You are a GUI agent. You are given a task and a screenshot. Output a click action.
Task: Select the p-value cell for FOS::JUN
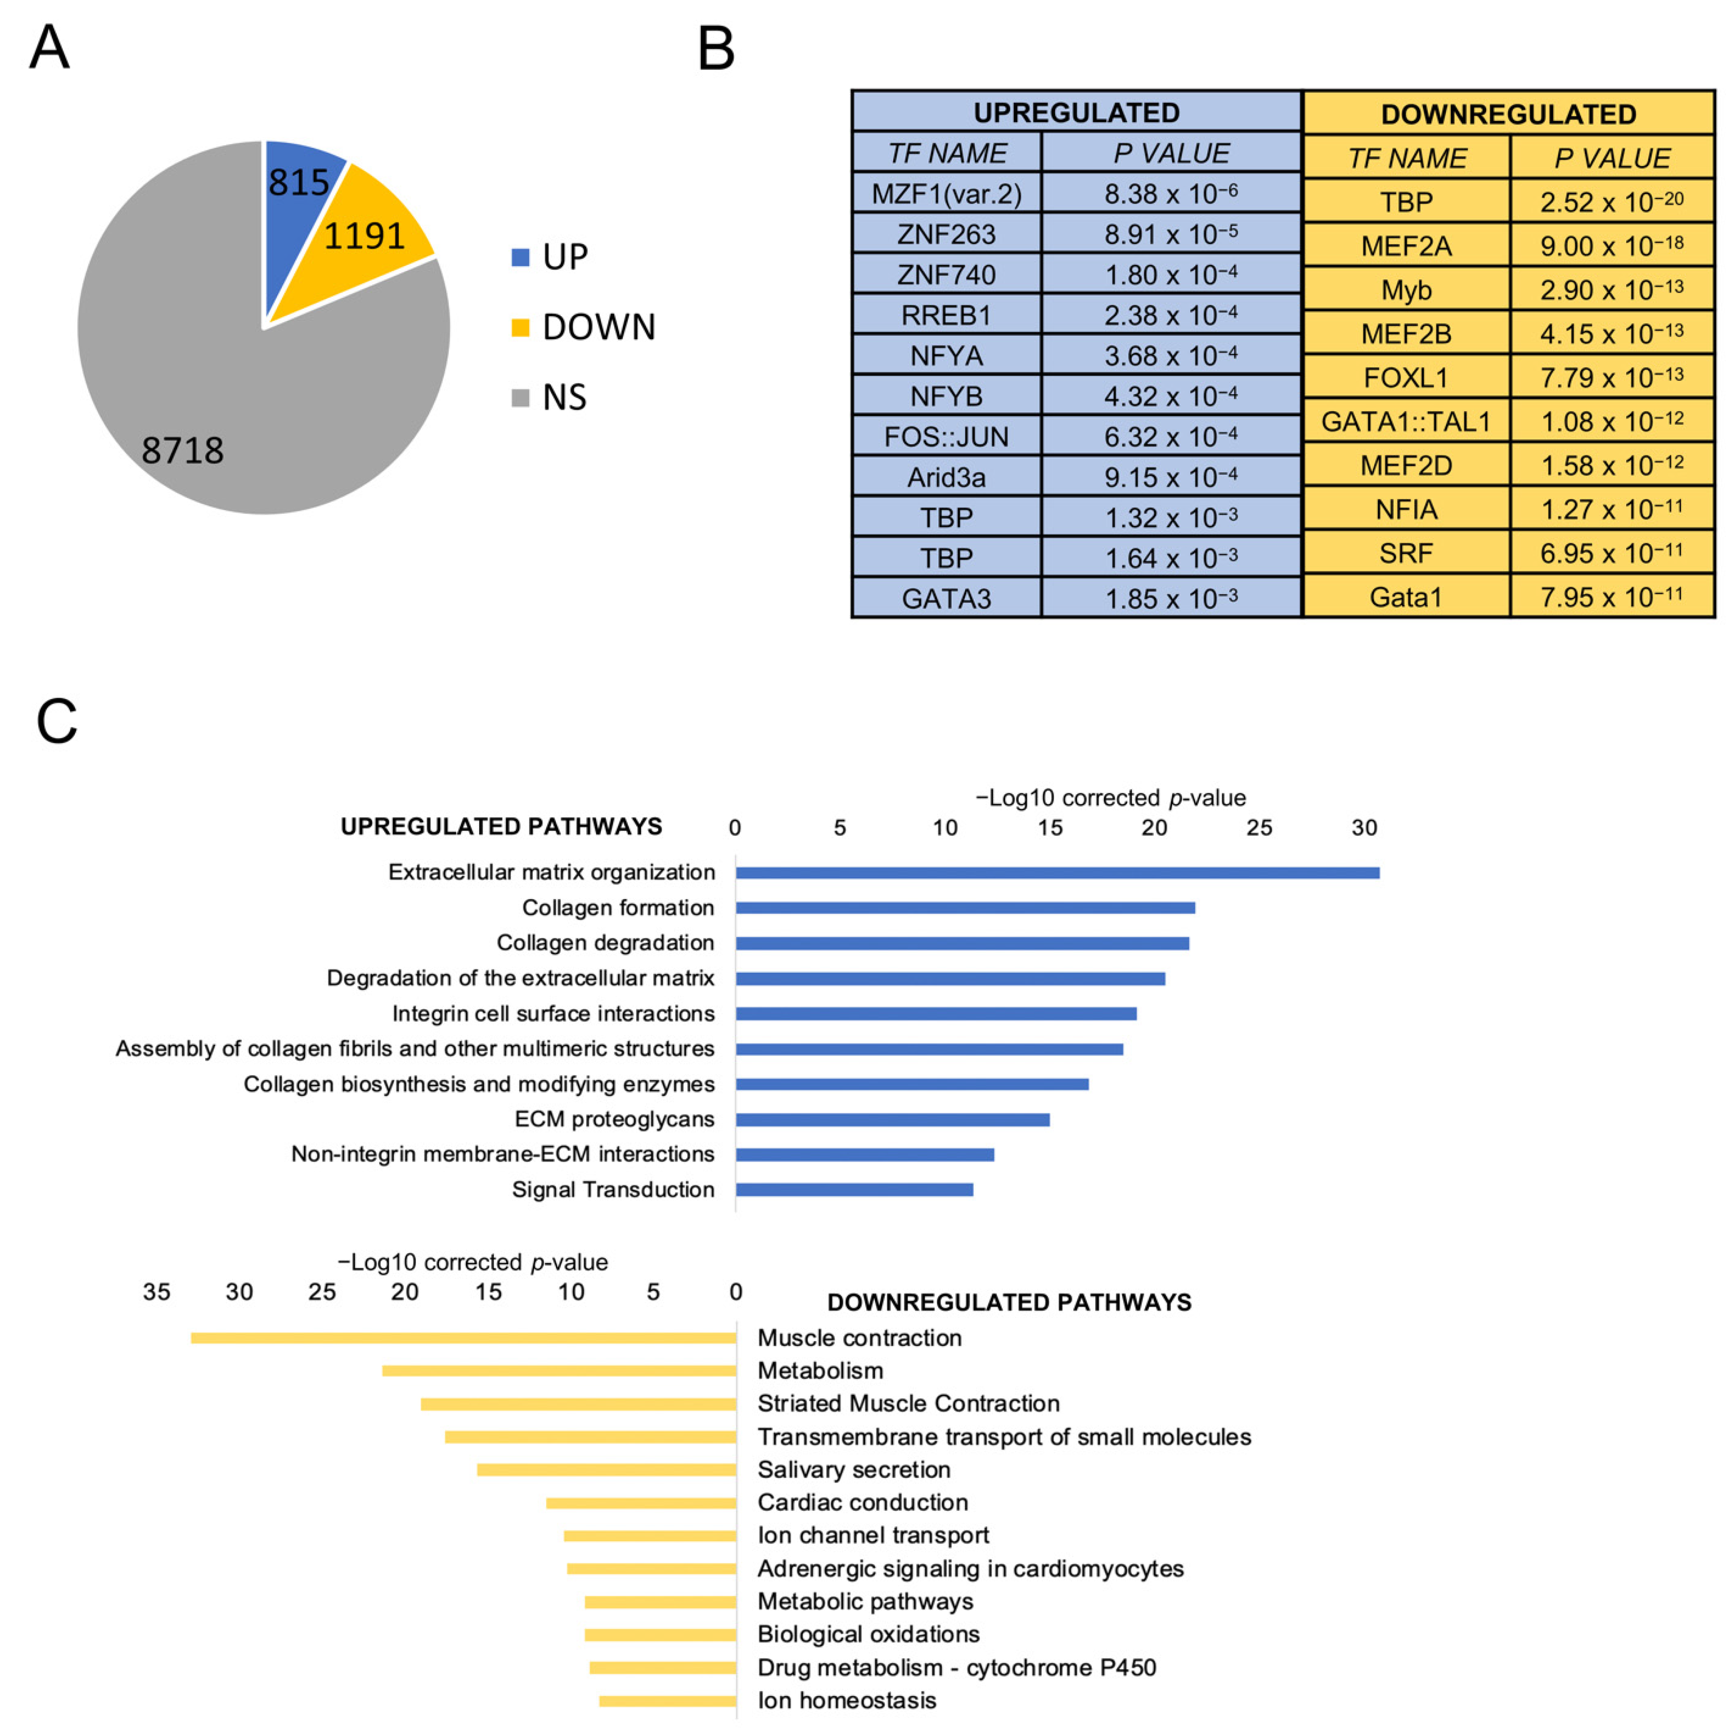(1171, 437)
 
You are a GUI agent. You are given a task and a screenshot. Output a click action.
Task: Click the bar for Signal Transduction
(853, 1189)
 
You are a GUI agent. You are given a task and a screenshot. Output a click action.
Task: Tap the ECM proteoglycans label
(615, 1119)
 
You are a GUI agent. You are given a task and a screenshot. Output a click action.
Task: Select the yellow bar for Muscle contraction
(464, 1338)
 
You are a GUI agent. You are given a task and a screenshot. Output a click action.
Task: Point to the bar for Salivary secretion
(606, 1470)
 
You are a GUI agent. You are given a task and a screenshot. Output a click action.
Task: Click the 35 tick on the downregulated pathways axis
(156, 1292)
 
